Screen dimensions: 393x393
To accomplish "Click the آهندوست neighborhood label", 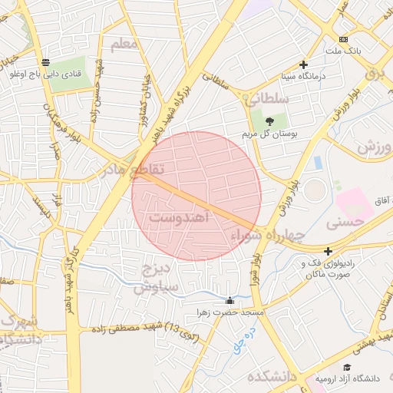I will (178, 218).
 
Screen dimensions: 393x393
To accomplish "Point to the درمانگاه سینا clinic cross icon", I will (304, 65).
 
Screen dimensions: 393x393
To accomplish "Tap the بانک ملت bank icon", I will (343, 39).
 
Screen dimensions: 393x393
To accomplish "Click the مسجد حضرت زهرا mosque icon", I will (230, 301).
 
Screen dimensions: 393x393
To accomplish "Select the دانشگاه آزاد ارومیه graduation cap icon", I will (347, 368).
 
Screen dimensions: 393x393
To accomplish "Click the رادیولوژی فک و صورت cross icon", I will (328, 251).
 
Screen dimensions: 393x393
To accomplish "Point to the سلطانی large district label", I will (266, 99).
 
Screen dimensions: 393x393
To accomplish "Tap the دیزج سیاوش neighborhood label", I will (157, 279).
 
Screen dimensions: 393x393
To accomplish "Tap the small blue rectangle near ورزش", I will (317, 163).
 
